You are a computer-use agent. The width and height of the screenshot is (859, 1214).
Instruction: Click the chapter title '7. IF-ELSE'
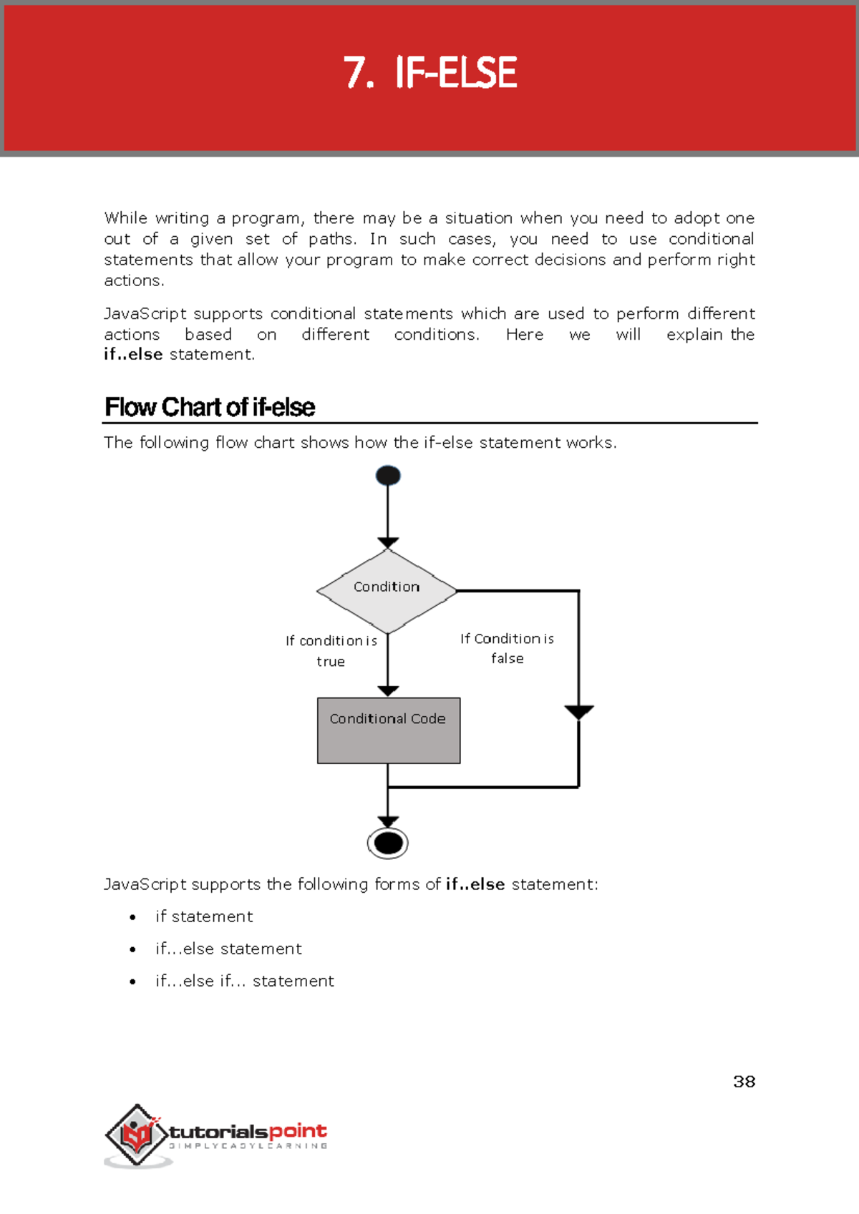coord(429,73)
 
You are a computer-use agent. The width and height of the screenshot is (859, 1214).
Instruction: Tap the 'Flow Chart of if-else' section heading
coord(210,407)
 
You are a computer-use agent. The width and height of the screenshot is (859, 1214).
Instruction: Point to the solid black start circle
coord(388,475)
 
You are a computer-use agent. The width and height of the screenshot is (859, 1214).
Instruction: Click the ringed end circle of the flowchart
coord(388,843)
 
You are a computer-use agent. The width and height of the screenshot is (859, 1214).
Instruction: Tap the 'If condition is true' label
coord(331,650)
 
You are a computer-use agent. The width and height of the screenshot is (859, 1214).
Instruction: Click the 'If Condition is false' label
coord(507,648)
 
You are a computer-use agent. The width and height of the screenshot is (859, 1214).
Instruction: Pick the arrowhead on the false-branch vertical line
coord(578,712)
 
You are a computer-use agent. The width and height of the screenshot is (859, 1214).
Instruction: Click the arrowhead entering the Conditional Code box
coord(388,690)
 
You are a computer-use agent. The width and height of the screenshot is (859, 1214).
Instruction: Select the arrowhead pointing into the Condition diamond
coord(388,543)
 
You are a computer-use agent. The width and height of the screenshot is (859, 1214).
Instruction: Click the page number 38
coord(744,1081)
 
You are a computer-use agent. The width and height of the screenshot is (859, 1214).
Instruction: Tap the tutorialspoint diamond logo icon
coord(136,1135)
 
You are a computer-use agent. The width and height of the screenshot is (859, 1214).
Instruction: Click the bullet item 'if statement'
coord(204,916)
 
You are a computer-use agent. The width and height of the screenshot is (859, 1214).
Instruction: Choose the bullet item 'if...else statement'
coord(228,949)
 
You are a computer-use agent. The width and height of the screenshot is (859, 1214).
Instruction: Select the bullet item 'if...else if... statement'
coord(244,981)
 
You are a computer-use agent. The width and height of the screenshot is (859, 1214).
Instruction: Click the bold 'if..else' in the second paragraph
coord(133,354)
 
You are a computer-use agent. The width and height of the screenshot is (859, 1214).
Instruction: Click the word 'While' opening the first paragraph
coord(125,217)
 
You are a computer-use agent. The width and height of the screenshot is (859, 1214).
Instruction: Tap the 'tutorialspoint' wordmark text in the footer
coord(248,1132)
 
